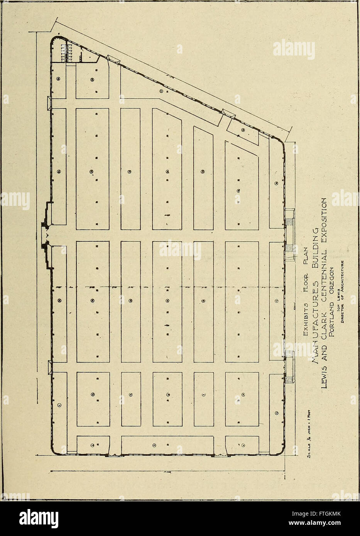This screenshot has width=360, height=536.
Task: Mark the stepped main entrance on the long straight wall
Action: point(46,235)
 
